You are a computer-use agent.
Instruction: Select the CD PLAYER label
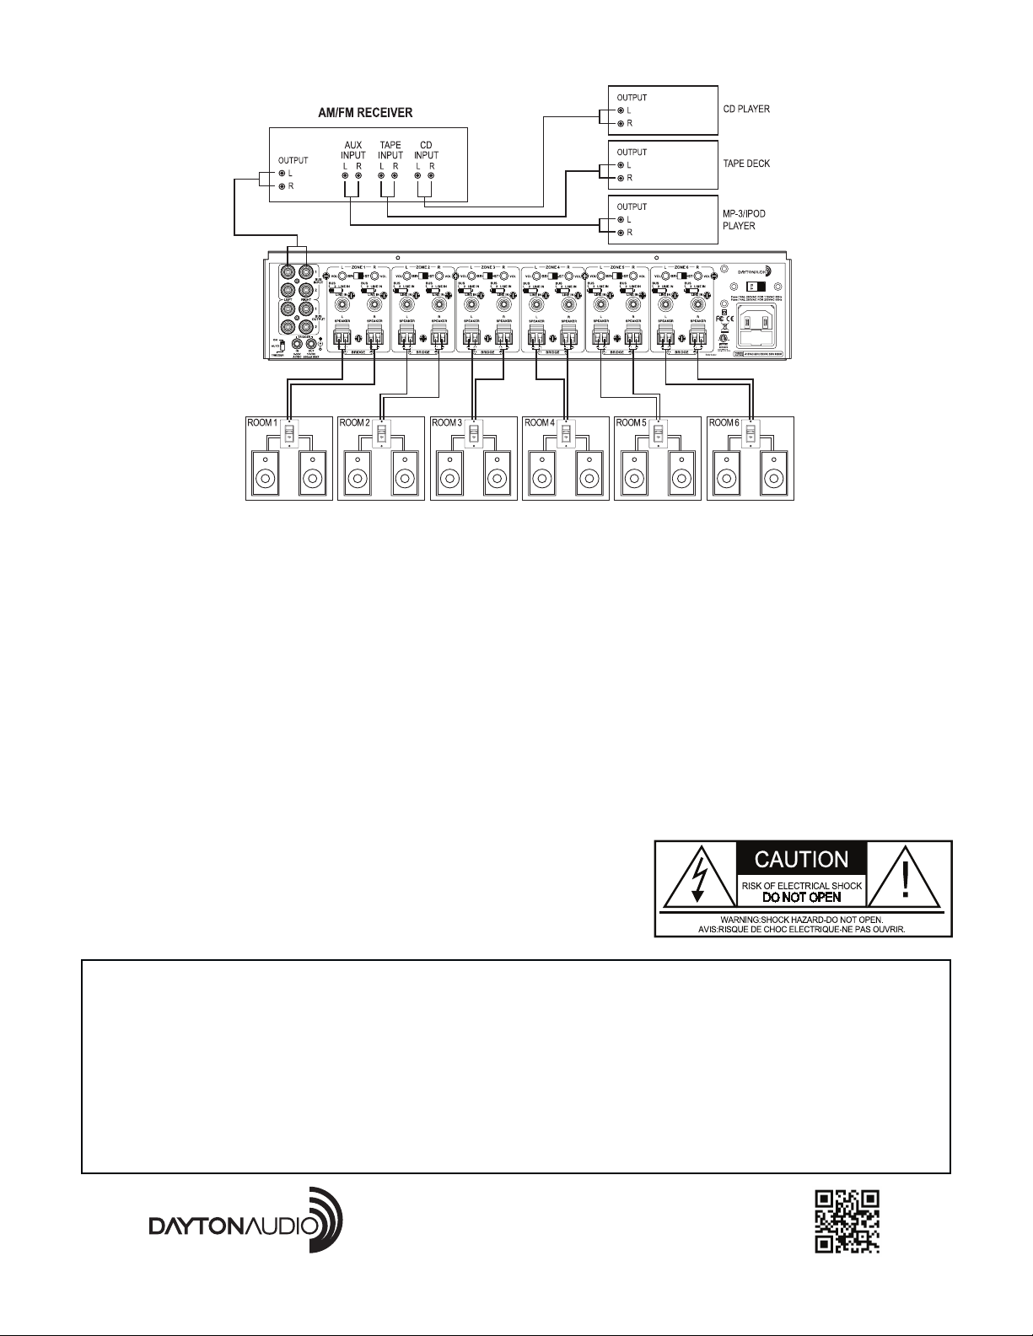pos(746,110)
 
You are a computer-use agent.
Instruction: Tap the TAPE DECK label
pos(746,164)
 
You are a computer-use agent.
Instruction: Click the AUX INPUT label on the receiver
pos(352,150)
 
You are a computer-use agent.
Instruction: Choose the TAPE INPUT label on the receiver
pos(390,150)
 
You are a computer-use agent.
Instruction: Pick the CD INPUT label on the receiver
pos(427,150)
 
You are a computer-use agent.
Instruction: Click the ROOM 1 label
pos(261,422)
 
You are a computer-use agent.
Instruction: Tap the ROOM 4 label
pos(538,422)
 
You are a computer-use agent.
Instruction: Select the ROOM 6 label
pos(724,422)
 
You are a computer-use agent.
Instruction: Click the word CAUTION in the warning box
pos(801,860)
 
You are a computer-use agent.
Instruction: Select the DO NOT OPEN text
pos(801,897)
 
